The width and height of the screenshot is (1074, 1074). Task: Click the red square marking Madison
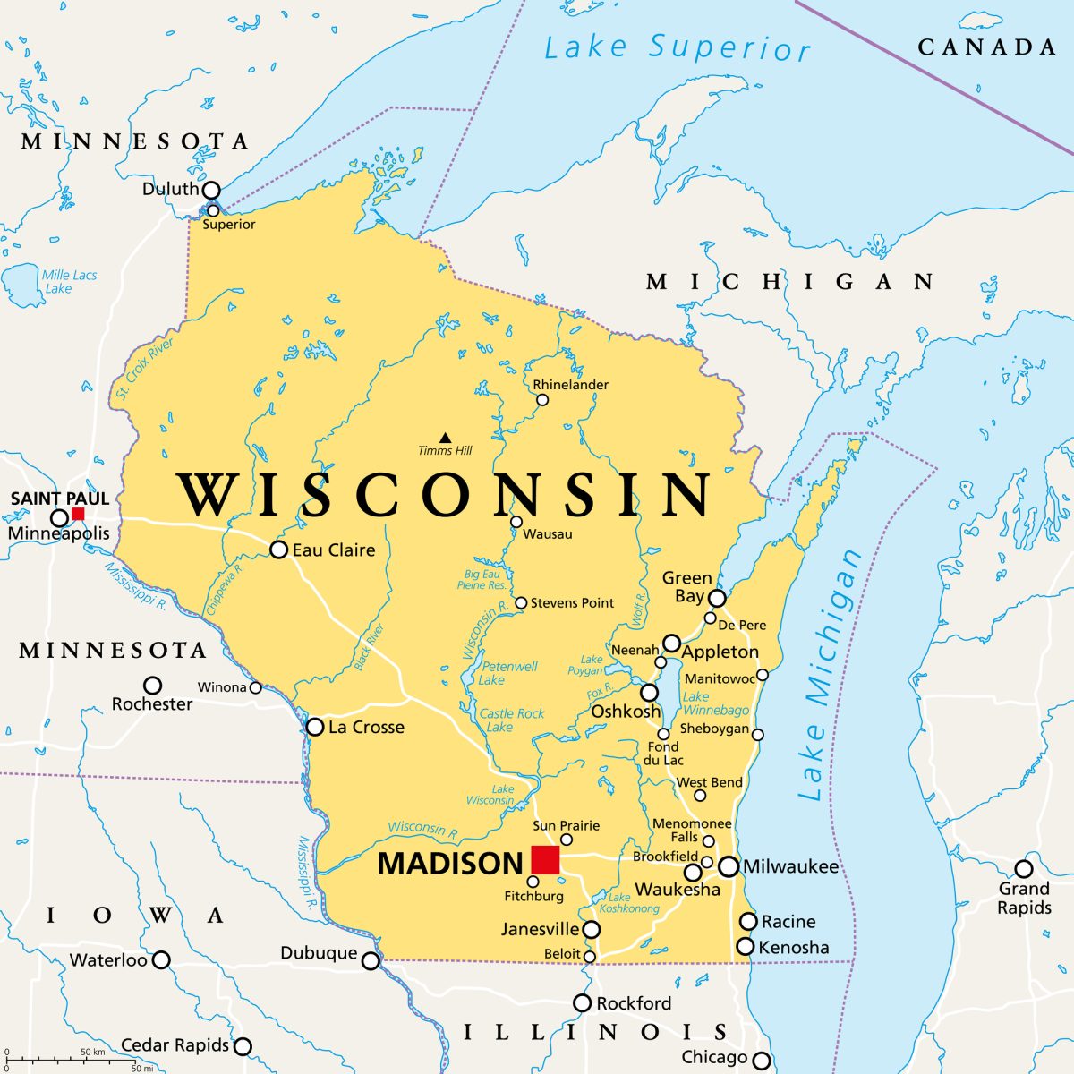coord(545,860)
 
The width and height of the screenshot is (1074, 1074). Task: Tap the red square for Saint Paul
coord(78,514)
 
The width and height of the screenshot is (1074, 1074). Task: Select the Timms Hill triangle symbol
coord(445,437)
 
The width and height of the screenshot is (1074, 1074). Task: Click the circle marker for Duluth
coord(211,190)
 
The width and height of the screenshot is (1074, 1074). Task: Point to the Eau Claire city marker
coord(278,550)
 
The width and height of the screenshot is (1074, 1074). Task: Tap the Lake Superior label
coord(677,47)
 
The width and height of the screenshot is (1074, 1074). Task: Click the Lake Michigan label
coord(829,677)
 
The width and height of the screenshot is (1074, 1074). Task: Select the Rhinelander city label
coord(570,385)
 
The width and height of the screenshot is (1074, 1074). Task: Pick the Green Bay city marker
coord(717,598)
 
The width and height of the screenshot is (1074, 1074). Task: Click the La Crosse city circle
coord(315,727)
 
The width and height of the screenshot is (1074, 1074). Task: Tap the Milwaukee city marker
coord(729,866)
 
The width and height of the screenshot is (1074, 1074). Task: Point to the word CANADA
coord(986,47)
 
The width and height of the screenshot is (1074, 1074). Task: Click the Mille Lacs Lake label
coord(69,281)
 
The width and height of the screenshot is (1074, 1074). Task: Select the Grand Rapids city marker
coord(1023,869)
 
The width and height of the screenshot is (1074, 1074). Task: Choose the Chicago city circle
coord(761,1061)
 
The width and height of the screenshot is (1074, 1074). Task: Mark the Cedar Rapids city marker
coord(243,1046)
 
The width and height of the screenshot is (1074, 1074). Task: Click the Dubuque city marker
coord(371,961)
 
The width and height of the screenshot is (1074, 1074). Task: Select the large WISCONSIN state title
coord(445,494)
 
